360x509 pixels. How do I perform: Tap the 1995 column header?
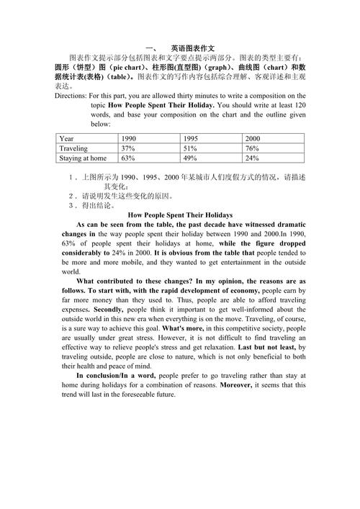[191, 138]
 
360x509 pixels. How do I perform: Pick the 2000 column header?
[253, 138]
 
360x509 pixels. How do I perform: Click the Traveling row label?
[73, 148]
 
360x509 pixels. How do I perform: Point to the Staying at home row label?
[83, 158]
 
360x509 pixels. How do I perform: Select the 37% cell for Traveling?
[129, 148]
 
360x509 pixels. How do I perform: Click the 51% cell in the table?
[191, 148]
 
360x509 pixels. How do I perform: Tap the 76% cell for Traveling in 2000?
[253, 148]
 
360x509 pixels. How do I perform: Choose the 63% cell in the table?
[129, 158]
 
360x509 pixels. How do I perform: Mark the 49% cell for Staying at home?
[191, 158]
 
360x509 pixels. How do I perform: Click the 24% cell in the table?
[253, 158]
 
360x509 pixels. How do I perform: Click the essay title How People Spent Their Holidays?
[179, 215]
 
